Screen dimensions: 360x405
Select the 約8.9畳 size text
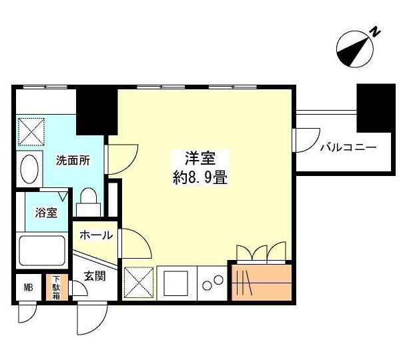[199, 178]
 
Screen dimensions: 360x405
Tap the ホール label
[95, 235]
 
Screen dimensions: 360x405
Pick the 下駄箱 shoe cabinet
[57, 287]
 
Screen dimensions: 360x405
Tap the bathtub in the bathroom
[41, 253]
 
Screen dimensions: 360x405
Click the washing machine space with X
[31, 130]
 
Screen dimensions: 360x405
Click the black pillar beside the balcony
[372, 108]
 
